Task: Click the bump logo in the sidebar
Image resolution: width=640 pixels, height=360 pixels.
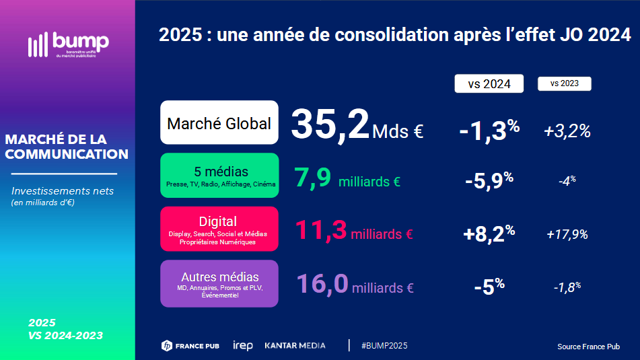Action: (x=68, y=44)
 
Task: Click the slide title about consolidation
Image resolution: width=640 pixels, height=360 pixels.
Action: (x=394, y=36)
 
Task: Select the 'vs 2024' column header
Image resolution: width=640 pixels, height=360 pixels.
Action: (x=489, y=83)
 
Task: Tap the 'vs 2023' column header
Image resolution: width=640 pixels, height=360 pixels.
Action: (x=564, y=83)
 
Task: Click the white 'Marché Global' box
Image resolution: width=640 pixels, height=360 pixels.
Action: (x=219, y=123)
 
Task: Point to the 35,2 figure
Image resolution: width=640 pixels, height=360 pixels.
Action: (x=330, y=125)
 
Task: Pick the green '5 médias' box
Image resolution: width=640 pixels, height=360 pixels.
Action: (x=219, y=176)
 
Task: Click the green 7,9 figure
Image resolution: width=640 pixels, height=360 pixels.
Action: (x=312, y=179)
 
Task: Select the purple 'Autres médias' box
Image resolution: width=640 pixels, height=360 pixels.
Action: (x=219, y=283)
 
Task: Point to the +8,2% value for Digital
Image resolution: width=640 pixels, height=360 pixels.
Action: (x=489, y=233)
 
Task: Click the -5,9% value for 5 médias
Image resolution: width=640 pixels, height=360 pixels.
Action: (x=489, y=180)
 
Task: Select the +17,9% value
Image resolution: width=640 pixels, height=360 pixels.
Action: (x=567, y=234)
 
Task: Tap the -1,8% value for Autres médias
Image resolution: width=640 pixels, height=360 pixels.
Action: (x=567, y=287)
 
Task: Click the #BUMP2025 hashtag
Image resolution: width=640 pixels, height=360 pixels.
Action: (x=384, y=345)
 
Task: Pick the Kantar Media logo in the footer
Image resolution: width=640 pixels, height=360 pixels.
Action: (x=295, y=345)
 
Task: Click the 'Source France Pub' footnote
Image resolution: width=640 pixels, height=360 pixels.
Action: (x=588, y=347)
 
